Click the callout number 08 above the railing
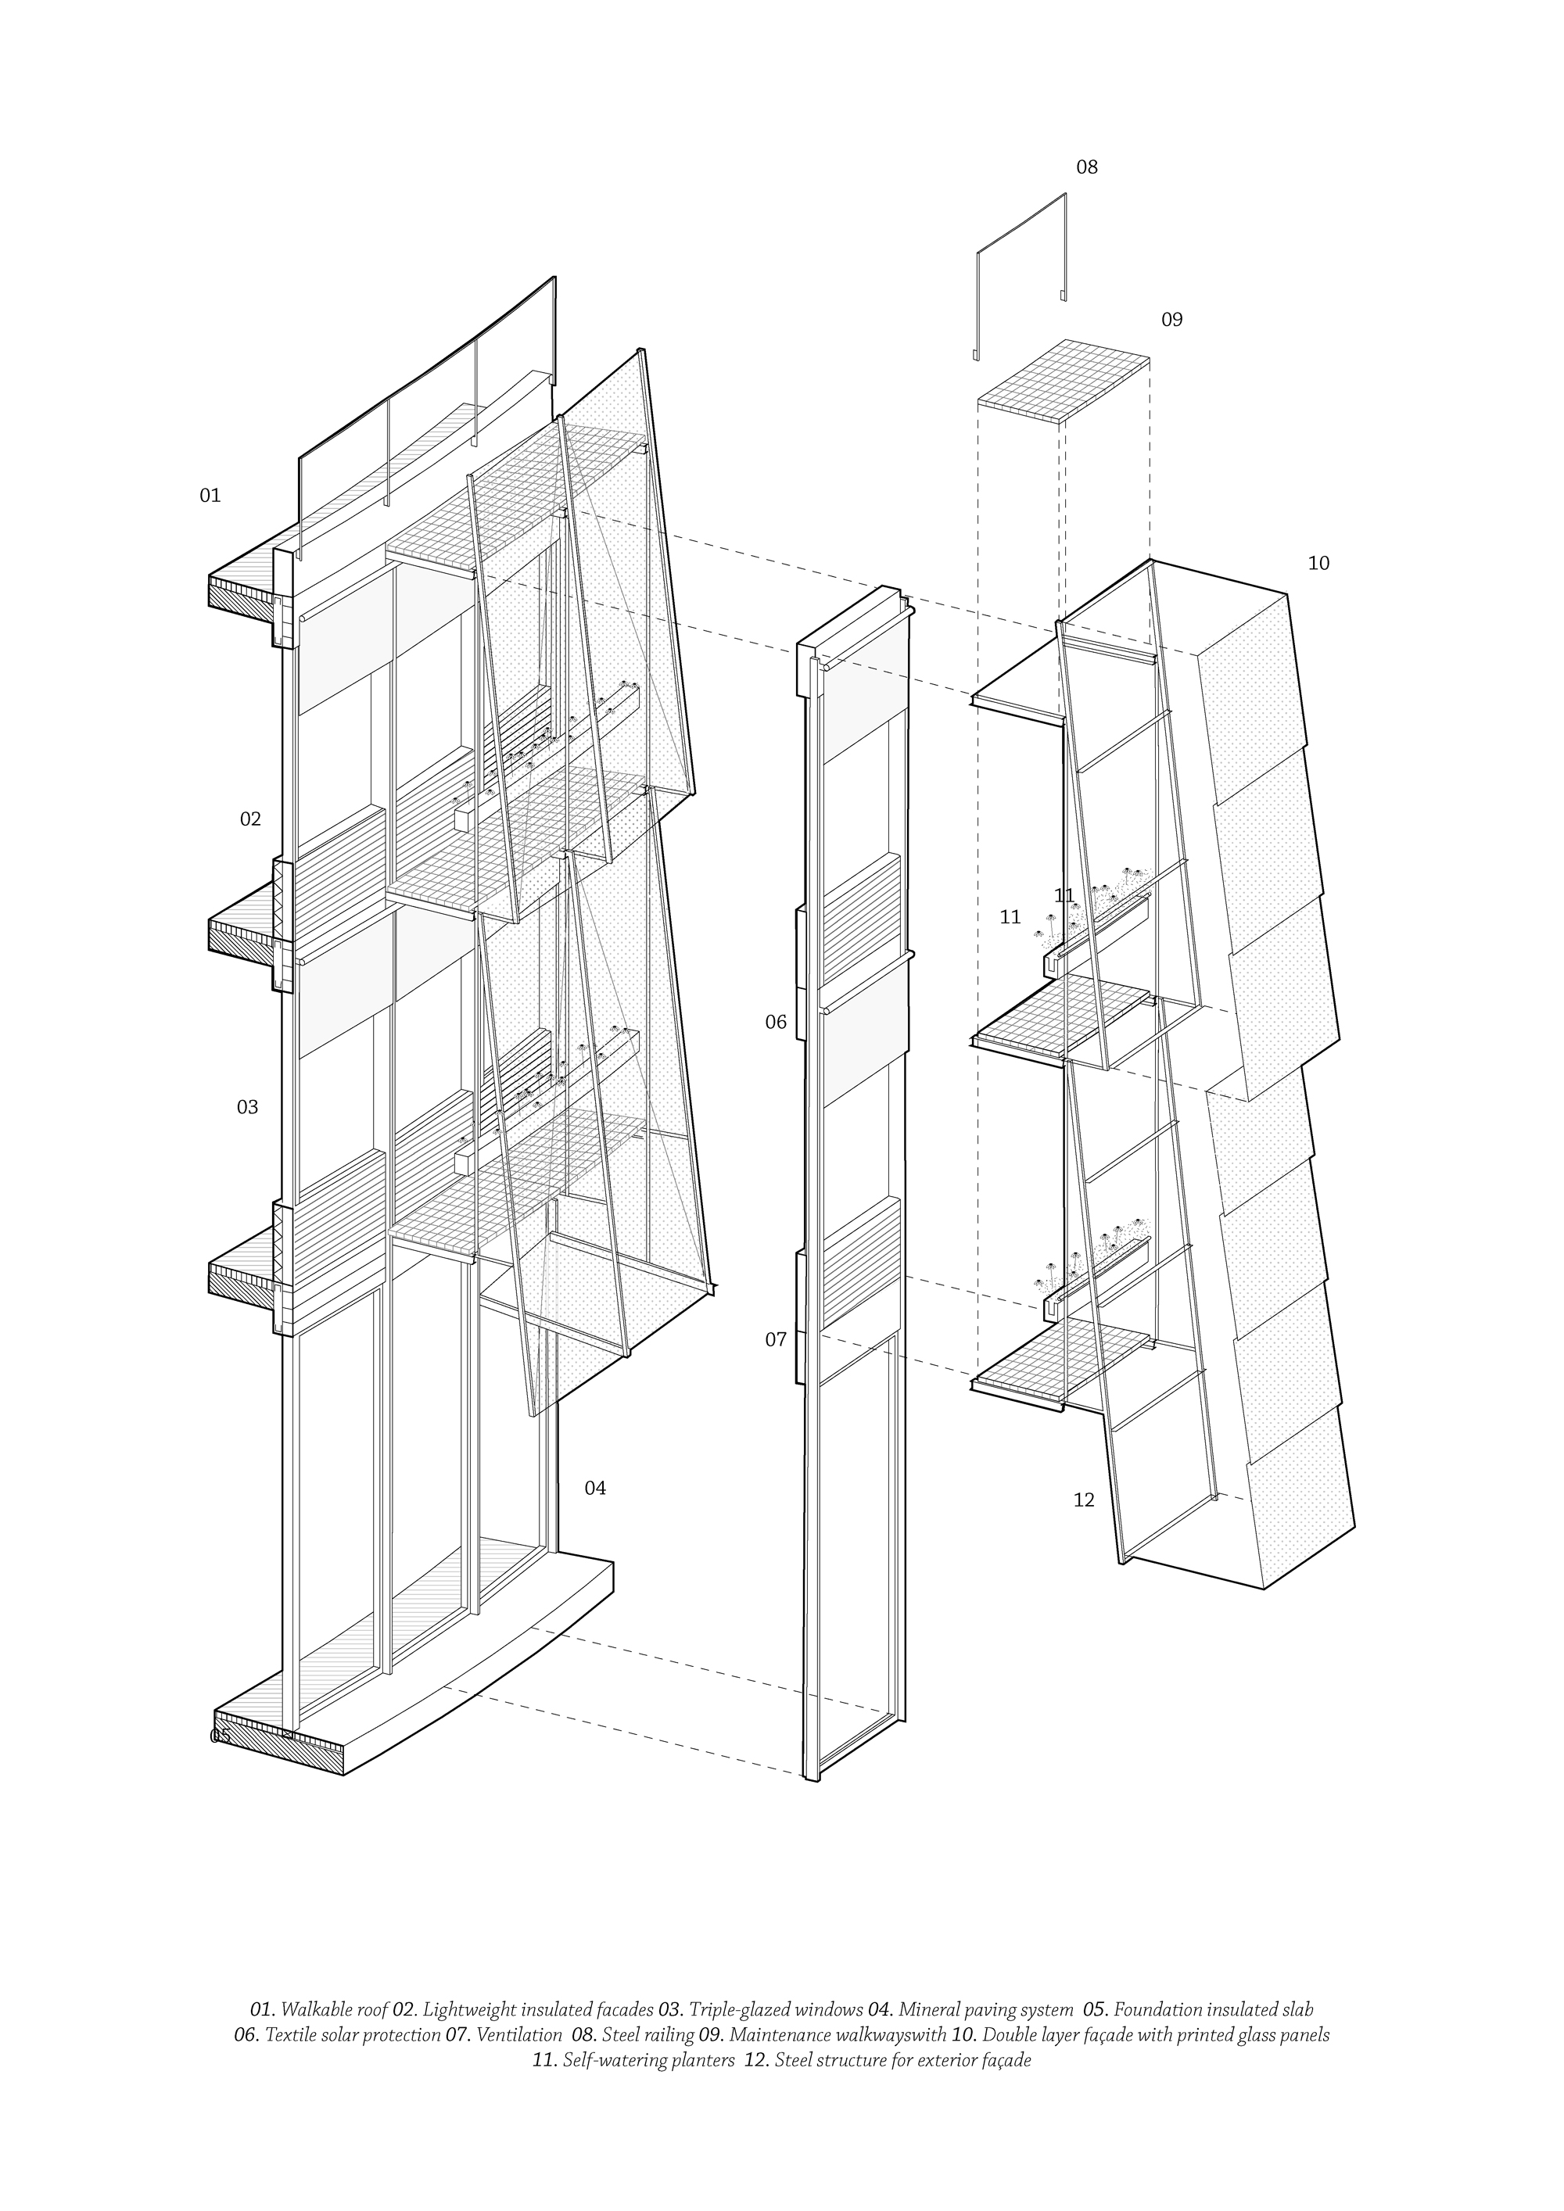(1086, 167)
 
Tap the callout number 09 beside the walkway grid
(1171, 320)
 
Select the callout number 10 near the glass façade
(1318, 564)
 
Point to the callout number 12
(1083, 1500)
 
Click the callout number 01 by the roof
(210, 496)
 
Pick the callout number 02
(250, 819)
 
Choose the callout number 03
(248, 1107)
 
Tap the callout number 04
(595, 1488)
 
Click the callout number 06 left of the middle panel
(777, 1023)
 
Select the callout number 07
(777, 1339)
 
